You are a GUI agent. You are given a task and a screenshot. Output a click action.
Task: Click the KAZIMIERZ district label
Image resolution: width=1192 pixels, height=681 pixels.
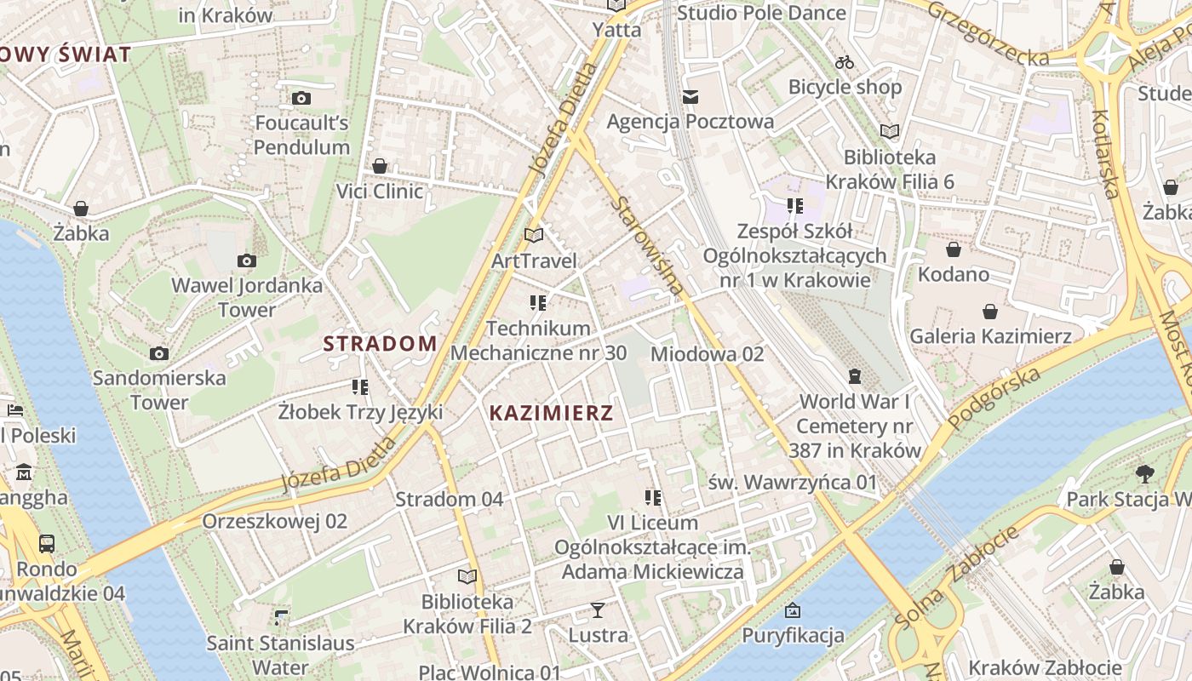pos(551,414)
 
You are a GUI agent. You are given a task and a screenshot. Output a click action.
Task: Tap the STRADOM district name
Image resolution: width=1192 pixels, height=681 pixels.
pos(380,344)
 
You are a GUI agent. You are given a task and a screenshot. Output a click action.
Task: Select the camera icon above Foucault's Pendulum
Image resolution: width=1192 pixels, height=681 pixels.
pos(301,99)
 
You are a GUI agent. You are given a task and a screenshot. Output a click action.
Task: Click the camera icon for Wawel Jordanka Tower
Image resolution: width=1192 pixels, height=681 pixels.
pos(247,260)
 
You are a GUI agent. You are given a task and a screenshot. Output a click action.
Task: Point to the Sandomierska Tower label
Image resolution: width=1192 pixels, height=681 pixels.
pos(159,389)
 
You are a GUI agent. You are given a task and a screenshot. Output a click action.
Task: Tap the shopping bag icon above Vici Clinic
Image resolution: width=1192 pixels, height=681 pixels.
pos(380,166)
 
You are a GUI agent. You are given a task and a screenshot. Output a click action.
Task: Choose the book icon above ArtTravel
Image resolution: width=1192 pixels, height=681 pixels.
pos(534,235)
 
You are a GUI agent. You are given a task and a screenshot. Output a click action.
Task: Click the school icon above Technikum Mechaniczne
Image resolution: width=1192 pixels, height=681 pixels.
pos(537,303)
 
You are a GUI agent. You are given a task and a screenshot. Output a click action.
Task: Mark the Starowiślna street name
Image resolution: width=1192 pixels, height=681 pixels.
pos(648,246)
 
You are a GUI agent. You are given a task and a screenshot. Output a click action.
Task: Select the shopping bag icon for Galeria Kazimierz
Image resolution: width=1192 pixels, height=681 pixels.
pos(990,312)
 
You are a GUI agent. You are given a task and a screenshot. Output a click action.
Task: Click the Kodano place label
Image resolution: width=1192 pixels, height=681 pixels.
pos(953,274)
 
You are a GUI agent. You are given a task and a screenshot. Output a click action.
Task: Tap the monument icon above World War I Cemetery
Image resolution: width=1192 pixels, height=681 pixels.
pos(854,375)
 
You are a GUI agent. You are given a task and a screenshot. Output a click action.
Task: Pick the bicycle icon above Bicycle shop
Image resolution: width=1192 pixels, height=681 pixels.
pos(844,62)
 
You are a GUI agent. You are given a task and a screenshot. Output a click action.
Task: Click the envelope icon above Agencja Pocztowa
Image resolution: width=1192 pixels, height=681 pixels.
pos(690,97)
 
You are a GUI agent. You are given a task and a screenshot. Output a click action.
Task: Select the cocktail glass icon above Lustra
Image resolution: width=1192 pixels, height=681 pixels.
pos(598,609)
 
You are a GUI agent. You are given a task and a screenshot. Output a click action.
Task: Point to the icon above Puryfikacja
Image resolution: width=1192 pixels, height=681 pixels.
pos(793,609)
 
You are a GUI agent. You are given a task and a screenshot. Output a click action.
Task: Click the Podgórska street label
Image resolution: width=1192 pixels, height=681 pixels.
pos(994,398)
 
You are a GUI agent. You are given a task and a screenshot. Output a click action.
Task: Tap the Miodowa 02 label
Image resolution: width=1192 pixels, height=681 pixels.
pos(707,353)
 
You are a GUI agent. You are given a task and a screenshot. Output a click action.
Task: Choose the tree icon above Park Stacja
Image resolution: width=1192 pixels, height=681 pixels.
pos(1144,474)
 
